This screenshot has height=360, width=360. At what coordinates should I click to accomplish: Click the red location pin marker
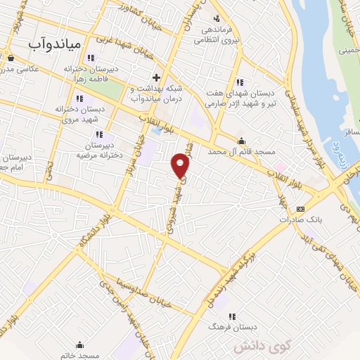tap(181, 165)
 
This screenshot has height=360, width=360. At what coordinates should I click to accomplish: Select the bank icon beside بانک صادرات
tap(301, 208)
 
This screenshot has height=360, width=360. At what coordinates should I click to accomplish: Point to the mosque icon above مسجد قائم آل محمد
tap(242, 141)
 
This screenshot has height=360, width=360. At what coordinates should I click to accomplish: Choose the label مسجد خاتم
tap(77, 355)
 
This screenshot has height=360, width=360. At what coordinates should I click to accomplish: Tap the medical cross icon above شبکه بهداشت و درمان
tap(156, 76)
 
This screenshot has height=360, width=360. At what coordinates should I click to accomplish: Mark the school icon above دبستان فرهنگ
tap(233, 316)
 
